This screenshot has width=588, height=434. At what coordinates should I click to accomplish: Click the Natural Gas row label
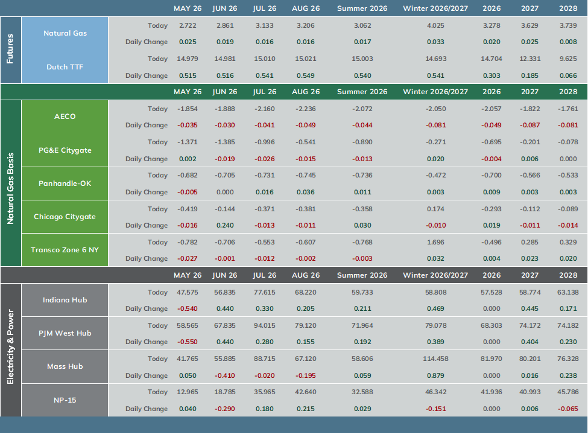pos(65,33)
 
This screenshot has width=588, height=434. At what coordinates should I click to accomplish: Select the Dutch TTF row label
pos(65,67)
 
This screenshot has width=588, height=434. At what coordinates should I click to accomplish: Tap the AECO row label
pos(65,116)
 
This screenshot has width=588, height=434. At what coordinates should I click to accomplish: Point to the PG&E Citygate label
pos(65,150)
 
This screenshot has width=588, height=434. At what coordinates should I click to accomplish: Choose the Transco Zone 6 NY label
pos(65,250)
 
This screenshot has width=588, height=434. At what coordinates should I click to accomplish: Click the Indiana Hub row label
pos(65,300)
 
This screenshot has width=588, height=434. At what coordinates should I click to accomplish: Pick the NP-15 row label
pos(65,400)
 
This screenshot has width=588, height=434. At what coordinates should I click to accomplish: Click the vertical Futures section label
pos(10,49)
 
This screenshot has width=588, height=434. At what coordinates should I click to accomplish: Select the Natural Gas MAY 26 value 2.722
pos(188,25)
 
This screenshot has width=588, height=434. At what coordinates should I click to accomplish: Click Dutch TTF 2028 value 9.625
pos(568,59)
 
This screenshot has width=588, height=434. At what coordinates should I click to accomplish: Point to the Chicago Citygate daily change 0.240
pos(225,225)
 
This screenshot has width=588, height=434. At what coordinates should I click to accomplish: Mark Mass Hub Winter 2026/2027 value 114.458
pos(435,359)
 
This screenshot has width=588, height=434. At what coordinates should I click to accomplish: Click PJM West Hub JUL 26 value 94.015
pos(264,325)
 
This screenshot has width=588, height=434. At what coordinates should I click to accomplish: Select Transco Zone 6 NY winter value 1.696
pos(435,242)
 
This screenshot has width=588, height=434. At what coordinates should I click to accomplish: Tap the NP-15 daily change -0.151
pos(435,409)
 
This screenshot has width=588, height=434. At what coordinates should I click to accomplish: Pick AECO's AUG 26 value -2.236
pos(306,109)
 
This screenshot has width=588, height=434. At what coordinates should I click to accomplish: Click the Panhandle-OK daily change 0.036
pos(306,192)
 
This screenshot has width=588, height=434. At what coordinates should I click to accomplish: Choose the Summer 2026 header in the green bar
pos(362,92)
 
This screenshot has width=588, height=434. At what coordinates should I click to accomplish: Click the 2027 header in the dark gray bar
pos(530,275)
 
